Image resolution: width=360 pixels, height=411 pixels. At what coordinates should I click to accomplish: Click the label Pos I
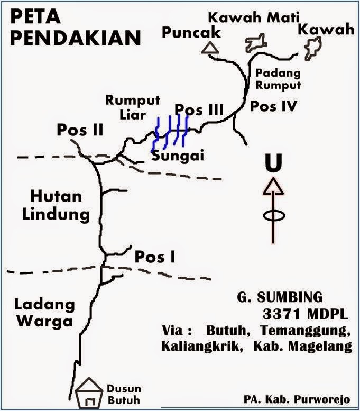click(x=155, y=257)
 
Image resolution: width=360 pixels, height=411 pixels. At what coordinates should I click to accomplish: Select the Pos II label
click(x=81, y=131)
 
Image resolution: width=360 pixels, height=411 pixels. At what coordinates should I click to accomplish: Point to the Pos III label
click(x=199, y=109)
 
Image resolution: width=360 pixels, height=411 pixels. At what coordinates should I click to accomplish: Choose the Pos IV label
click(x=274, y=106)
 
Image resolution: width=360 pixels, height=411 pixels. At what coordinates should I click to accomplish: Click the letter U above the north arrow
click(x=273, y=163)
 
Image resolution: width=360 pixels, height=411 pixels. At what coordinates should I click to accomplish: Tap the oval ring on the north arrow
click(x=273, y=216)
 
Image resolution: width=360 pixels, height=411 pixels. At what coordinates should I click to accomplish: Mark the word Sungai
click(x=178, y=156)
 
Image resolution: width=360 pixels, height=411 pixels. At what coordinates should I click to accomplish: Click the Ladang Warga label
click(x=44, y=313)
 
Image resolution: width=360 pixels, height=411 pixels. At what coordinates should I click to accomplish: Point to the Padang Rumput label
click(x=278, y=79)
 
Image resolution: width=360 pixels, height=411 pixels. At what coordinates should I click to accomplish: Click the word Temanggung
click(x=315, y=331)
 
